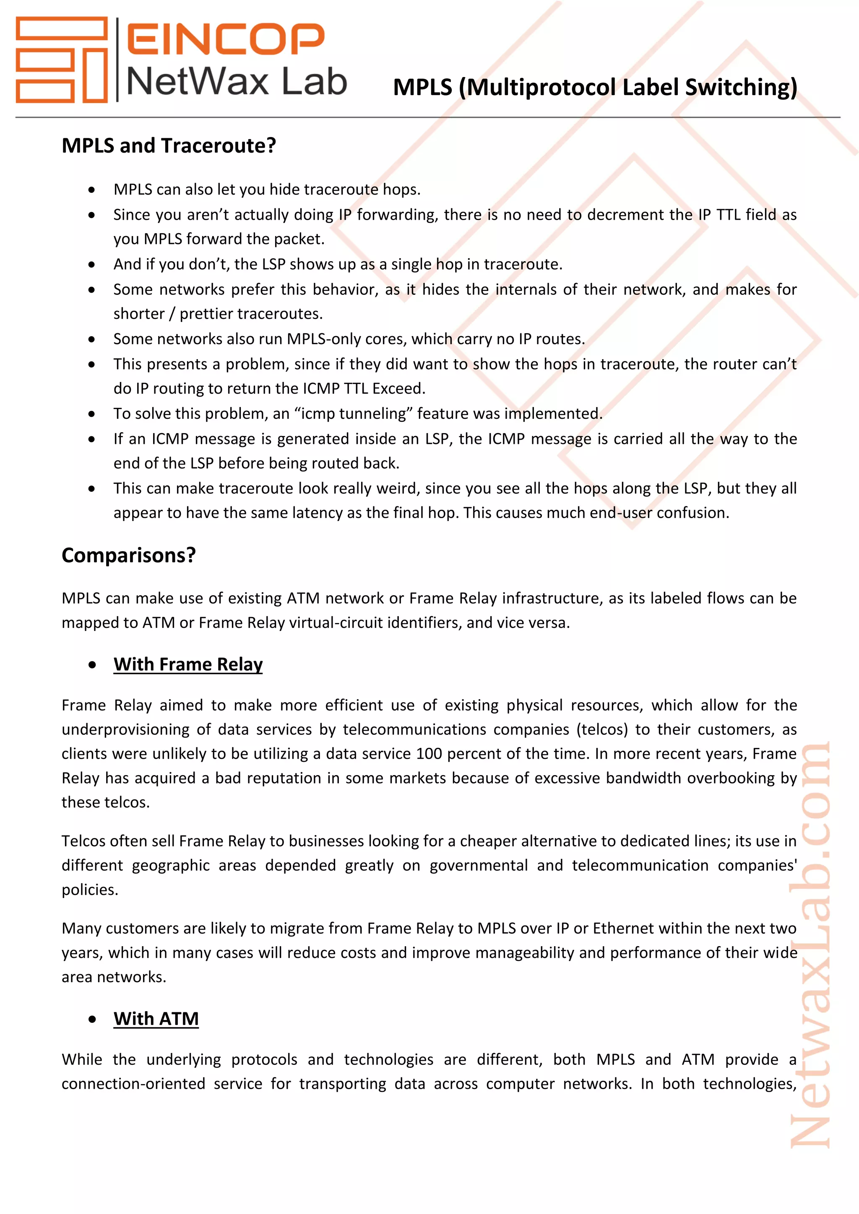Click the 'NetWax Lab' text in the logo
[237, 82]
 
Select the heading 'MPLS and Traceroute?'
[169, 145]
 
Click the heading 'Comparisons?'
[128, 555]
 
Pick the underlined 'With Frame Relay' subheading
[188, 664]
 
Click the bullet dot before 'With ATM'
[92, 1019]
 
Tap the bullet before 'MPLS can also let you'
[92, 190]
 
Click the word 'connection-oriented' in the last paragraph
[133, 1084]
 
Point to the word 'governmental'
[478, 866]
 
